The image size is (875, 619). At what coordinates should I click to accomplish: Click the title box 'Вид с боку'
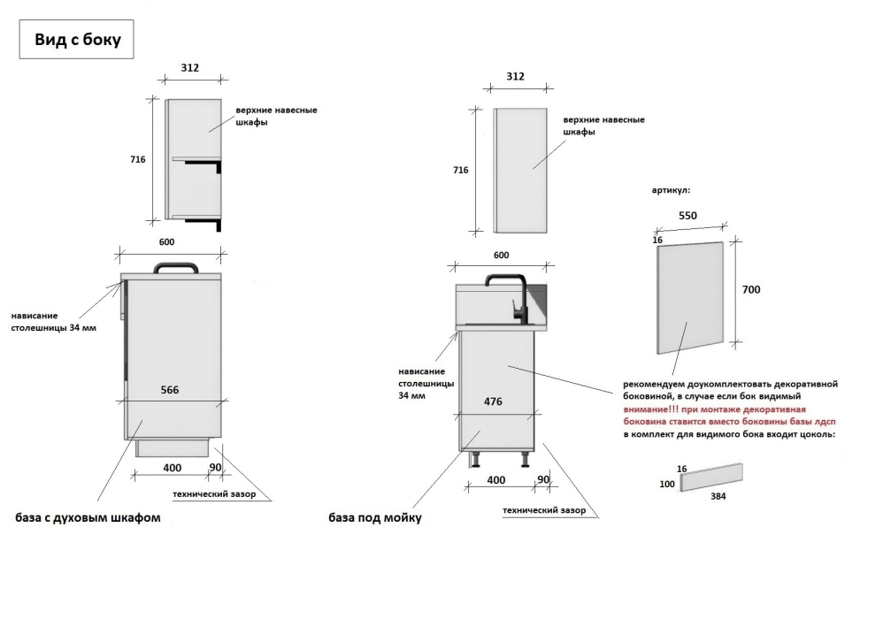pos(76,39)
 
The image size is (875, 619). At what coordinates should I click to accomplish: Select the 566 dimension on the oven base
pos(170,390)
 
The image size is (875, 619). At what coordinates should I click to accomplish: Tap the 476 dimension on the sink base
pos(493,401)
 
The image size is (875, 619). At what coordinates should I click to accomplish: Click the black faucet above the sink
pos(509,297)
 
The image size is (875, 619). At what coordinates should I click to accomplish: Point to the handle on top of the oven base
pos(176,267)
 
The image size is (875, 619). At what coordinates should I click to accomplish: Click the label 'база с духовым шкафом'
pos(88,517)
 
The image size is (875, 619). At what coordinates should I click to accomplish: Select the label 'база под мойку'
pos(375,518)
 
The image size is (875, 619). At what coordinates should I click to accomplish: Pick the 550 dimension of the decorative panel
pos(687,216)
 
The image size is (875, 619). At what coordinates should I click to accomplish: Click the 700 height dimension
pos(751,289)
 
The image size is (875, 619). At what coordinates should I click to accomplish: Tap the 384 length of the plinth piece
pos(718,496)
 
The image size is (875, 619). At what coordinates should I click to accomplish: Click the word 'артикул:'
pos(671,190)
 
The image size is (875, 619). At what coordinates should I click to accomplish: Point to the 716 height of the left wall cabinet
pos(138,159)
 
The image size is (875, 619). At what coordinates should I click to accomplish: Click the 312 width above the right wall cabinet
pos(515,76)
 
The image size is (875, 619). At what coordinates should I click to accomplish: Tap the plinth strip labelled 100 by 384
pos(711,477)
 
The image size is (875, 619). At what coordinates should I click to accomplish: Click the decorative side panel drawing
pos(690,297)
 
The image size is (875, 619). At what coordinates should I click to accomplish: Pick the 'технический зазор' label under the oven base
pos(214,494)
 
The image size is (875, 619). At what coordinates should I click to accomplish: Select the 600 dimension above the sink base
pos(501,256)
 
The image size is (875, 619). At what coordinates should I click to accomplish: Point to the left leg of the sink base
pos(476,459)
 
